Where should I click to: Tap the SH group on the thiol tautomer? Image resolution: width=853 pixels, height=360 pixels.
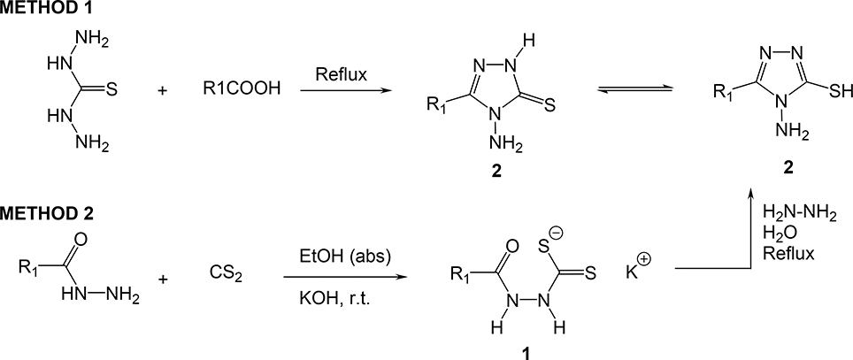(825, 89)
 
